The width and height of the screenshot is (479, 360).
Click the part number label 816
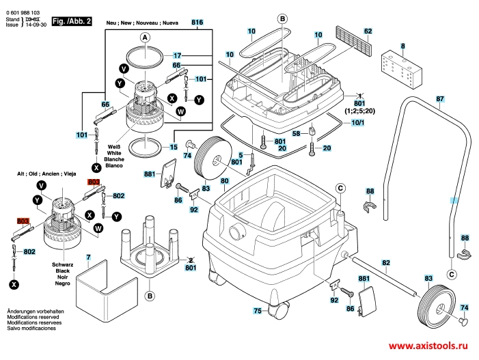198,23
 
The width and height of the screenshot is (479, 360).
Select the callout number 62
368,31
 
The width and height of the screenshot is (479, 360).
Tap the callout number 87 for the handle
440,99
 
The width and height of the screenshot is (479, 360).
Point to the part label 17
176,55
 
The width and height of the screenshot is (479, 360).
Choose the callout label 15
174,147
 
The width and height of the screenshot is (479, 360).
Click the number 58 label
297,134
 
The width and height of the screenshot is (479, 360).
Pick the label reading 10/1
357,122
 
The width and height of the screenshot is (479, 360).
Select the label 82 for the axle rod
386,263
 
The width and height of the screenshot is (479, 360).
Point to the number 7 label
87,258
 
